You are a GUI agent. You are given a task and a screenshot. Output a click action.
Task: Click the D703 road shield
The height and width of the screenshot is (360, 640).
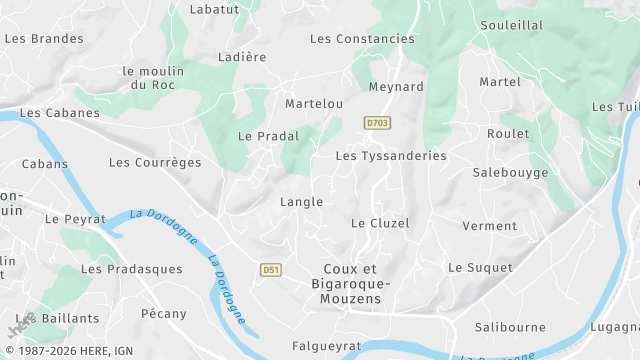[x=377, y=123]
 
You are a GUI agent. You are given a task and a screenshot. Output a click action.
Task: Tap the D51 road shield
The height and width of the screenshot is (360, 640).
[x=270, y=270]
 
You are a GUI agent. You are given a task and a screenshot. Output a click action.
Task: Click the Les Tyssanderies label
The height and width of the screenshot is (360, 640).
[x=390, y=156]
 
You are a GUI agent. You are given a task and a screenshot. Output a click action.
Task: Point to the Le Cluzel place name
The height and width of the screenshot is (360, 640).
[x=380, y=223]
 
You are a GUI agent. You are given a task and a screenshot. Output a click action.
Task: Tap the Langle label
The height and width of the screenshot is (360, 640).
[x=301, y=202]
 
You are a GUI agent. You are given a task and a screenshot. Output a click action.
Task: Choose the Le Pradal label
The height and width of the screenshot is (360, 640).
[x=263, y=136]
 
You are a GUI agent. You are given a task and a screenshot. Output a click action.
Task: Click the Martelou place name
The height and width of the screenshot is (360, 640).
[x=314, y=104]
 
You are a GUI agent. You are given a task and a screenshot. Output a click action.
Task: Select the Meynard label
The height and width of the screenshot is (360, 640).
[x=396, y=87]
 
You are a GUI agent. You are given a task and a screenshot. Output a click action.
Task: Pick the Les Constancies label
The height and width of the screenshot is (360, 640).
[x=362, y=39]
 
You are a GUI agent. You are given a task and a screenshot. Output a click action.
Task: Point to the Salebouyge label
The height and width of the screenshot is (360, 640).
[x=510, y=173]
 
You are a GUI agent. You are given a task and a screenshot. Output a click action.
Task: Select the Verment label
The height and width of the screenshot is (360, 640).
[x=490, y=226]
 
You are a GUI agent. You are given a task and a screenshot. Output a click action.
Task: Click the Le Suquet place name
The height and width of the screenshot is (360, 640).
[x=480, y=268]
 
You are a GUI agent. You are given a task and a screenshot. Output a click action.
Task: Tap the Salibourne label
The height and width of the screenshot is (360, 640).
[x=510, y=327]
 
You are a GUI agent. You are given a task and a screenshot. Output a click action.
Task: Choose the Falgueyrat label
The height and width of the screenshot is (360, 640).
[x=326, y=346]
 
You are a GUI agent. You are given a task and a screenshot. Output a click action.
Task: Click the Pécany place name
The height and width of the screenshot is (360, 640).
[x=163, y=314]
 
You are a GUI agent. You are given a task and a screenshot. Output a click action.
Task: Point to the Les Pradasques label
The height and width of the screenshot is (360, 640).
[x=132, y=269]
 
